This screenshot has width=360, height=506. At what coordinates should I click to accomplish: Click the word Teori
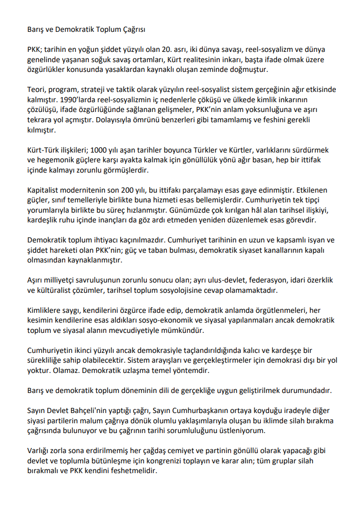[x=36, y=89]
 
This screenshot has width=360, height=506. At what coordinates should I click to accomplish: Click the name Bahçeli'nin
[x=93, y=410]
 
